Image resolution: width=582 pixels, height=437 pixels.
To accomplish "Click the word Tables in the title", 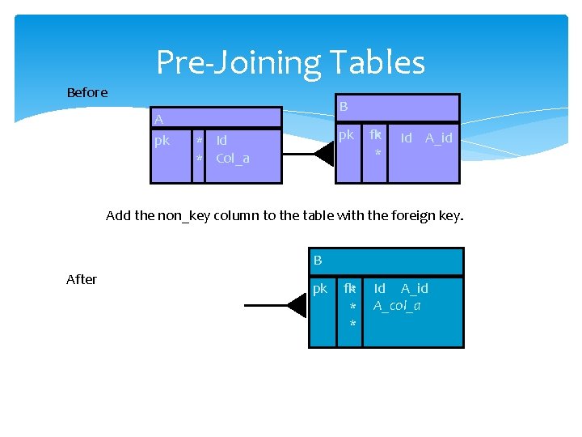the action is pos(374,62).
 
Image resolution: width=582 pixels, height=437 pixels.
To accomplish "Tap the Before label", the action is pos(87,92).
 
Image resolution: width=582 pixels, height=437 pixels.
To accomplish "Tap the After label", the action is pos(82,279).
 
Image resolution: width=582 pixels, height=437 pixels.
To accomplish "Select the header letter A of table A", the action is pos(158,120).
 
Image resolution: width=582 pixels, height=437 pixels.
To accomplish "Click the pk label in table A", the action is pos(162,140).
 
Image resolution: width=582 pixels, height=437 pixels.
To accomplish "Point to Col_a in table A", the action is pos(233,158).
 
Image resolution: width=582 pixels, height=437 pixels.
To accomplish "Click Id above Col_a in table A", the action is pos(221,140).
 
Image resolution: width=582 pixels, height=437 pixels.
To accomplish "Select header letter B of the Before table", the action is pos(344,106).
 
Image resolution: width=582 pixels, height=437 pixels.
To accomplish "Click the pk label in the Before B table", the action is pos(346,135).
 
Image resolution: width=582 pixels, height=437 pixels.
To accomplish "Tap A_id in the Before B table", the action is pos(439,138).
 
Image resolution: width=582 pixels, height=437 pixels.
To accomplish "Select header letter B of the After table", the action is pos(318,260).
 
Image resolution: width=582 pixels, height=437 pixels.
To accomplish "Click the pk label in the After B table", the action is pos(320,288).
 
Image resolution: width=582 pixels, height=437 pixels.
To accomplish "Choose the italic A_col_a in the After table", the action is pos(397,305).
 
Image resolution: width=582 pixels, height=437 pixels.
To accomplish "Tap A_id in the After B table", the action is pos(415,288).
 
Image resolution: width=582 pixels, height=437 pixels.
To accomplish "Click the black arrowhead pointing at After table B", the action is pos(297,306).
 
